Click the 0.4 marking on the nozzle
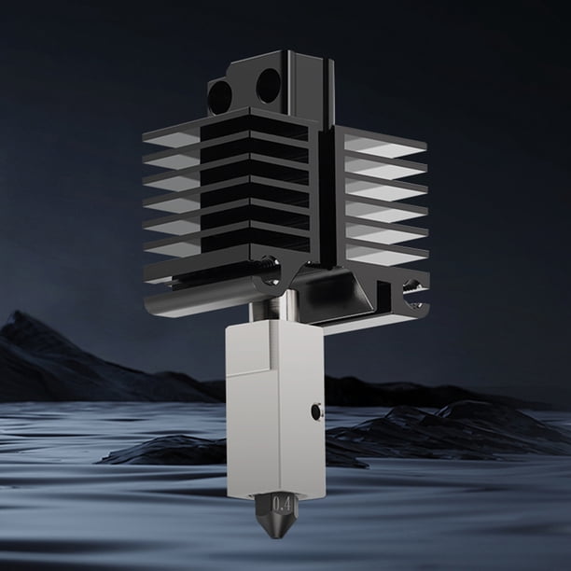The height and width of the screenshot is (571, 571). tap(282, 505)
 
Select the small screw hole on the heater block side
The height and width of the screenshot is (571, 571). tap(316, 411)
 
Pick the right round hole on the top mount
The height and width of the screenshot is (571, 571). tap(269, 86)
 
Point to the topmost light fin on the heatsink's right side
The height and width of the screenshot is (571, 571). tap(385, 146)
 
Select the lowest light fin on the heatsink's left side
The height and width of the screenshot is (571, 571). tap(172, 248)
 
